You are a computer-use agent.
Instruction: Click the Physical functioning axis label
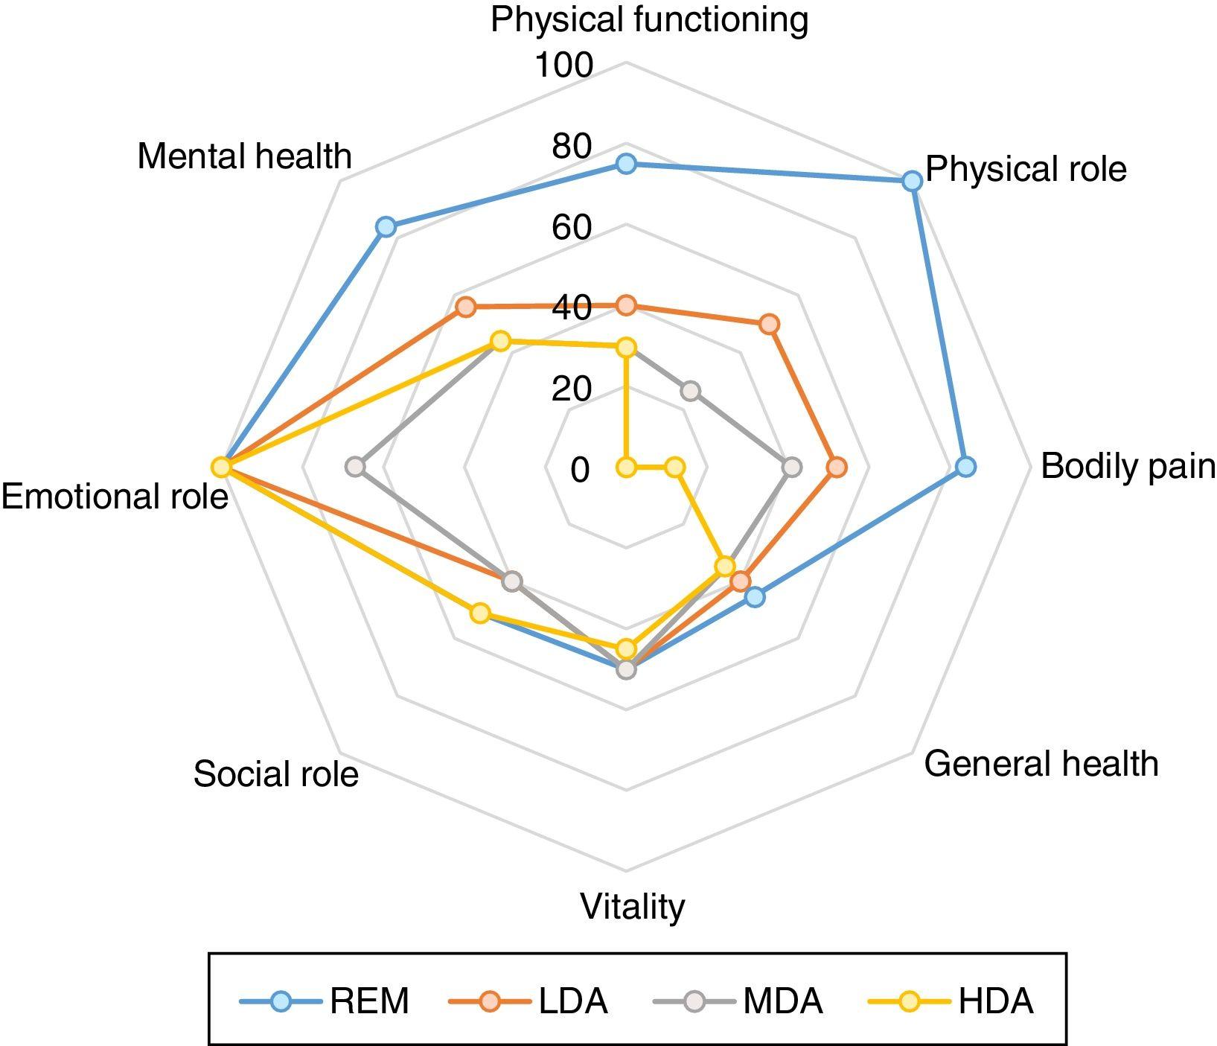(649, 19)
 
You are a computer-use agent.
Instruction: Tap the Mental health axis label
(244, 157)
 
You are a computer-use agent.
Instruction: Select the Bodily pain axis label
(1127, 467)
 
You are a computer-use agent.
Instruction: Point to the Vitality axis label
(632, 907)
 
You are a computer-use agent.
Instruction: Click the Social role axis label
(276, 774)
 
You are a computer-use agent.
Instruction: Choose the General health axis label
(1041, 764)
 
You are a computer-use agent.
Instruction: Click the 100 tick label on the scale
(564, 66)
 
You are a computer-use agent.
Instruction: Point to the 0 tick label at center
(581, 470)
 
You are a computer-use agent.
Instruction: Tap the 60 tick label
(572, 227)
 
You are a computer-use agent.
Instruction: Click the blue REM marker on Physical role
(912, 181)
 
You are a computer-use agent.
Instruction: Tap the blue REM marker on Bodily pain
(965, 468)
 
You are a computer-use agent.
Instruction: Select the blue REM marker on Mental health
(385, 227)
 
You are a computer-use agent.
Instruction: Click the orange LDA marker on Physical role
(769, 325)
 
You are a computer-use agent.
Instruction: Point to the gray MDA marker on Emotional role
(356, 468)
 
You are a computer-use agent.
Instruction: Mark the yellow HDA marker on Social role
(481, 613)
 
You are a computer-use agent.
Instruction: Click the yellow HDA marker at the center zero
(627, 468)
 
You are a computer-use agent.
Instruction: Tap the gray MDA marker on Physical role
(691, 391)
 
